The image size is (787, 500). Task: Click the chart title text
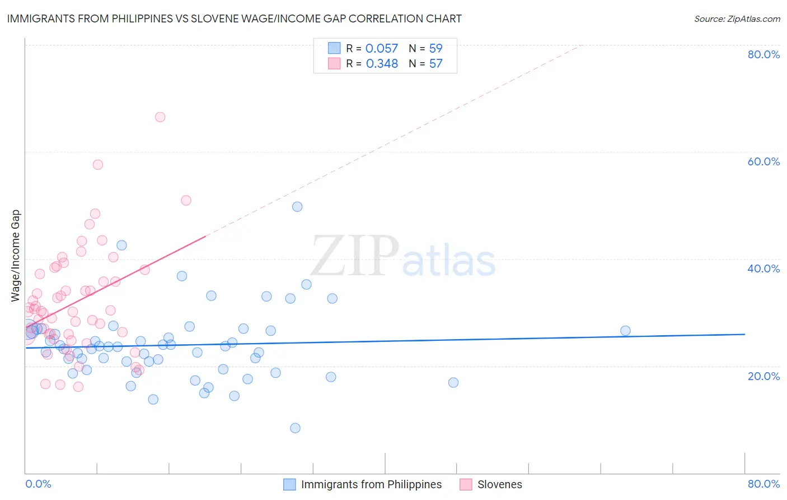[x=234, y=18]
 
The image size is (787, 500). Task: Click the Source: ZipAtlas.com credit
[x=737, y=18]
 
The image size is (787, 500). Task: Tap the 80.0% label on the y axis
[x=763, y=54]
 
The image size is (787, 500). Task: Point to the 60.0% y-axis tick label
[x=763, y=161]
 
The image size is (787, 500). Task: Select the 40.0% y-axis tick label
[x=763, y=268]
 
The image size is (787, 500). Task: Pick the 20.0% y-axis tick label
[x=763, y=376]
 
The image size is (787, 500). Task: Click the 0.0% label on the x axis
[x=38, y=484]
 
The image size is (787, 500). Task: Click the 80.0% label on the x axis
[x=763, y=484]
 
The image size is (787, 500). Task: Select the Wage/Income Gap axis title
[x=16, y=256]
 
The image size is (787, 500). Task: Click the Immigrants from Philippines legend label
[x=371, y=484]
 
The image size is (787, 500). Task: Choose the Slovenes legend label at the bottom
[x=499, y=484]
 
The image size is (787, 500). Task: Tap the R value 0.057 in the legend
[x=382, y=49]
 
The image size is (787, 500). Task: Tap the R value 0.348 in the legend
[x=382, y=64]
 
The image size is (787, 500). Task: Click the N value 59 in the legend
[x=435, y=49]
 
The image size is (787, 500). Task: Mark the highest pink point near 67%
[x=160, y=117]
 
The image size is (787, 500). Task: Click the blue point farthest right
[x=625, y=331]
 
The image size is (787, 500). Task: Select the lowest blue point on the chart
[x=295, y=428]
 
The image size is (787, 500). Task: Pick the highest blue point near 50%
[x=297, y=207]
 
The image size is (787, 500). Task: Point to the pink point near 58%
[x=98, y=165]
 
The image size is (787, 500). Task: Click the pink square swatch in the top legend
[x=334, y=63]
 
